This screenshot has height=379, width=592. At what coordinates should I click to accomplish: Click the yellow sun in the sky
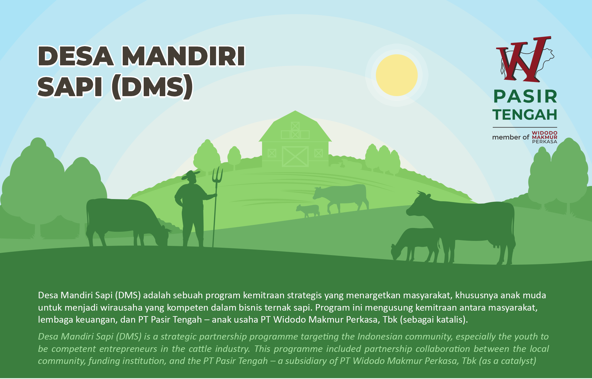tap(397, 75)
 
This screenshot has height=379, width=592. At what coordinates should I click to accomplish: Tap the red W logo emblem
tap(524, 59)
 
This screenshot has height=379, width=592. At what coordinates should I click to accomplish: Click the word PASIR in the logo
tap(525, 96)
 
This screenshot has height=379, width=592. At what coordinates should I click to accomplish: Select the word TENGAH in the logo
tap(525, 115)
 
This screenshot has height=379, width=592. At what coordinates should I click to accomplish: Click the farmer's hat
tap(191, 175)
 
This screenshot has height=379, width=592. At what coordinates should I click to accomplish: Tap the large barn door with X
tap(295, 156)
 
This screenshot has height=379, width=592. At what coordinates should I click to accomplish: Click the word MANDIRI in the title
tap(183, 56)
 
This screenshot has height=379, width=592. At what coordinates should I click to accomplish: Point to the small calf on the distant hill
tap(308, 210)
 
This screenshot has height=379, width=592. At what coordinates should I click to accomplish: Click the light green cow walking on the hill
tap(341, 198)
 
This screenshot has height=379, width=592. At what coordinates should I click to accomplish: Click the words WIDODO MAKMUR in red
tap(545, 135)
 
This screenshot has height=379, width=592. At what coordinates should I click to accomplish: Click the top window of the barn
tap(295, 126)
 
